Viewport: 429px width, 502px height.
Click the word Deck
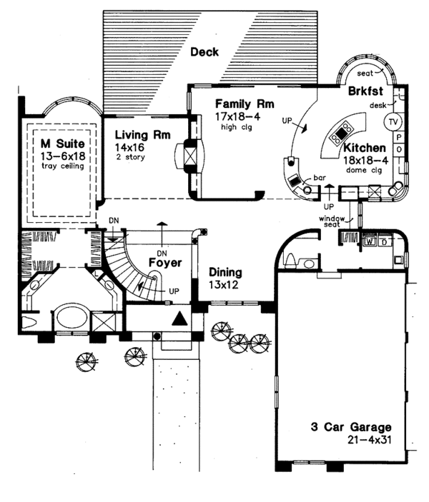(x=204, y=51)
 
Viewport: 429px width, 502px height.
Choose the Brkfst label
(x=366, y=91)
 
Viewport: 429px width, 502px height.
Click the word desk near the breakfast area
(x=378, y=106)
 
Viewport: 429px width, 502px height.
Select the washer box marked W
(x=370, y=241)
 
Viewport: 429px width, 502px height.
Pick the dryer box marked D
(x=385, y=241)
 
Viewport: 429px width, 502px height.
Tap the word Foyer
(x=163, y=262)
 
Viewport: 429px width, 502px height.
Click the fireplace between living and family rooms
(x=190, y=155)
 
